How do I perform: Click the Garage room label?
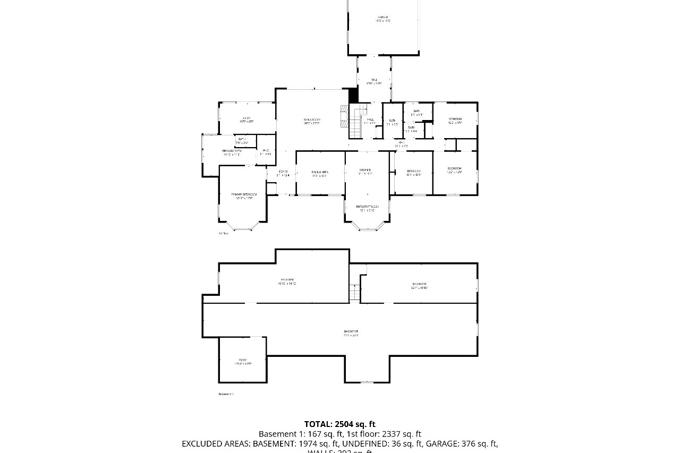(x=382, y=19)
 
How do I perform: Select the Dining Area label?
(x=320, y=173)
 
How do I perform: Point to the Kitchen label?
(x=364, y=171)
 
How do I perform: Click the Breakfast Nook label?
(x=368, y=208)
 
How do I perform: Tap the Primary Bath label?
(x=232, y=152)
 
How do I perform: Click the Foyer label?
(x=283, y=172)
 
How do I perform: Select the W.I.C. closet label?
(x=266, y=152)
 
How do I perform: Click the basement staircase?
(x=354, y=292)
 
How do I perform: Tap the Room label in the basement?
(x=242, y=362)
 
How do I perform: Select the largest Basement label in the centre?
(x=351, y=333)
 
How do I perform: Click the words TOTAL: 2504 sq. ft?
(x=339, y=424)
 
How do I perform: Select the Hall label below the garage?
(x=374, y=81)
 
